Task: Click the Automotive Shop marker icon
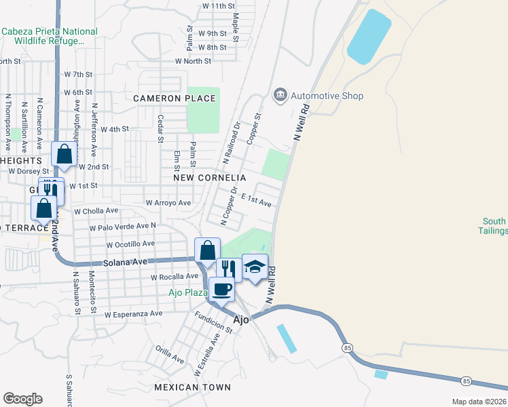click(x=280, y=96)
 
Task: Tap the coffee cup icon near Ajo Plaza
click(x=221, y=290)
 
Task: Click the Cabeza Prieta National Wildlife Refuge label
click(x=50, y=36)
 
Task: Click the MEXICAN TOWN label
click(x=192, y=387)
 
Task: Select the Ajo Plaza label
click(x=188, y=292)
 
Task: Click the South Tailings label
click(x=495, y=226)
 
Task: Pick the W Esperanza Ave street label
click(x=133, y=314)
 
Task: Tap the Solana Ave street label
click(x=125, y=262)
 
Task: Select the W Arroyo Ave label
click(x=168, y=202)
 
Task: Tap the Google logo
click(x=22, y=399)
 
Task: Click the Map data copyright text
click(x=479, y=402)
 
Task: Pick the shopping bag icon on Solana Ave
click(x=208, y=250)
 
